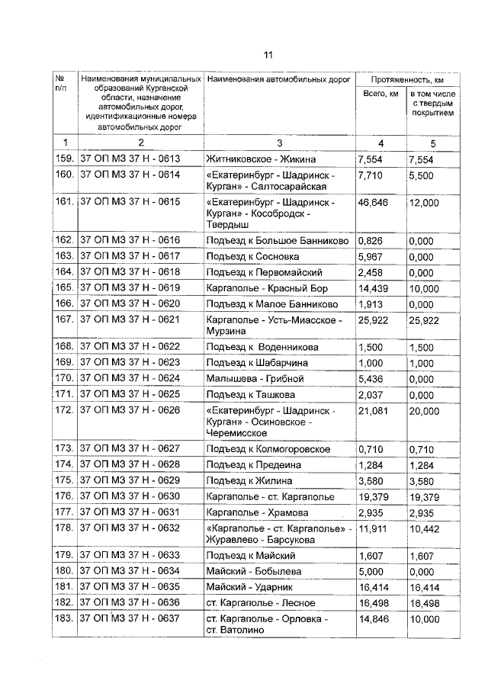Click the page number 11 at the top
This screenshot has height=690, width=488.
point(268,54)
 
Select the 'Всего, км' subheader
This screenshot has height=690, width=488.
point(380,94)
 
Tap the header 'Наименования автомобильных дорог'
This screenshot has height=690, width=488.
point(278,79)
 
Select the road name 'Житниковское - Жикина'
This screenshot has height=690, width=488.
point(261,159)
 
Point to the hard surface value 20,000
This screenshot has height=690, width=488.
point(424,410)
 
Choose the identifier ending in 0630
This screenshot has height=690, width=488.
point(130,496)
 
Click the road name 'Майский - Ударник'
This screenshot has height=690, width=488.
point(254,587)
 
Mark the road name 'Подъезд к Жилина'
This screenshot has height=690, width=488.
point(249,480)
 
